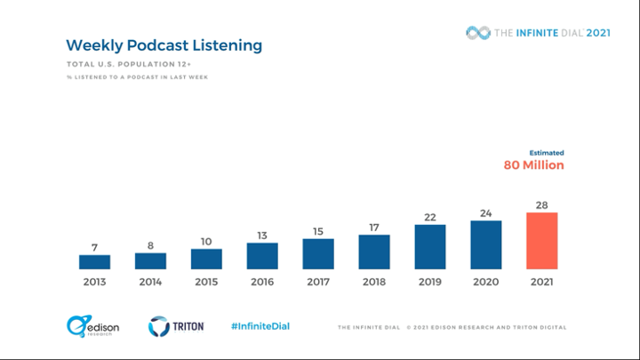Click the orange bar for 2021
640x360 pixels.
pyautogui.click(x=541, y=241)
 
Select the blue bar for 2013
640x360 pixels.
pyautogui.click(x=94, y=262)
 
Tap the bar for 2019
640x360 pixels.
pyautogui.click(x=430, y=246)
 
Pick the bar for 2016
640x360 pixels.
pyautogui.click(x=262, y=256)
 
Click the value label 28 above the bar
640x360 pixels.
pyautogui.click(x=541, y=205)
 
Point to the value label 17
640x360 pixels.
pyautogui.click(x=374, y=228)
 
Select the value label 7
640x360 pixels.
pyautogui.click(x=94, y=248)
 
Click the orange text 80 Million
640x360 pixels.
pyautogui.click(x=533, y=165)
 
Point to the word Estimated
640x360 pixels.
pyautogui.click(x=547, y=153)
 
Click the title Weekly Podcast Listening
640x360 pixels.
pyautogui.click(x=164, y=44)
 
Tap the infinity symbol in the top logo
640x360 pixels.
pyautogui.click(x=478, y=33)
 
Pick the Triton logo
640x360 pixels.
pyautogui.click(x=176, y=326)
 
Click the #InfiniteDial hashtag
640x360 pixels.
pyautogui.click(x=260, y=326)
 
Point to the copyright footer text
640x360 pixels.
pyautogui.click(x=452, y=327)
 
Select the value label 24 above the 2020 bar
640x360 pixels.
pyautogui.click(x=486, y=213)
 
